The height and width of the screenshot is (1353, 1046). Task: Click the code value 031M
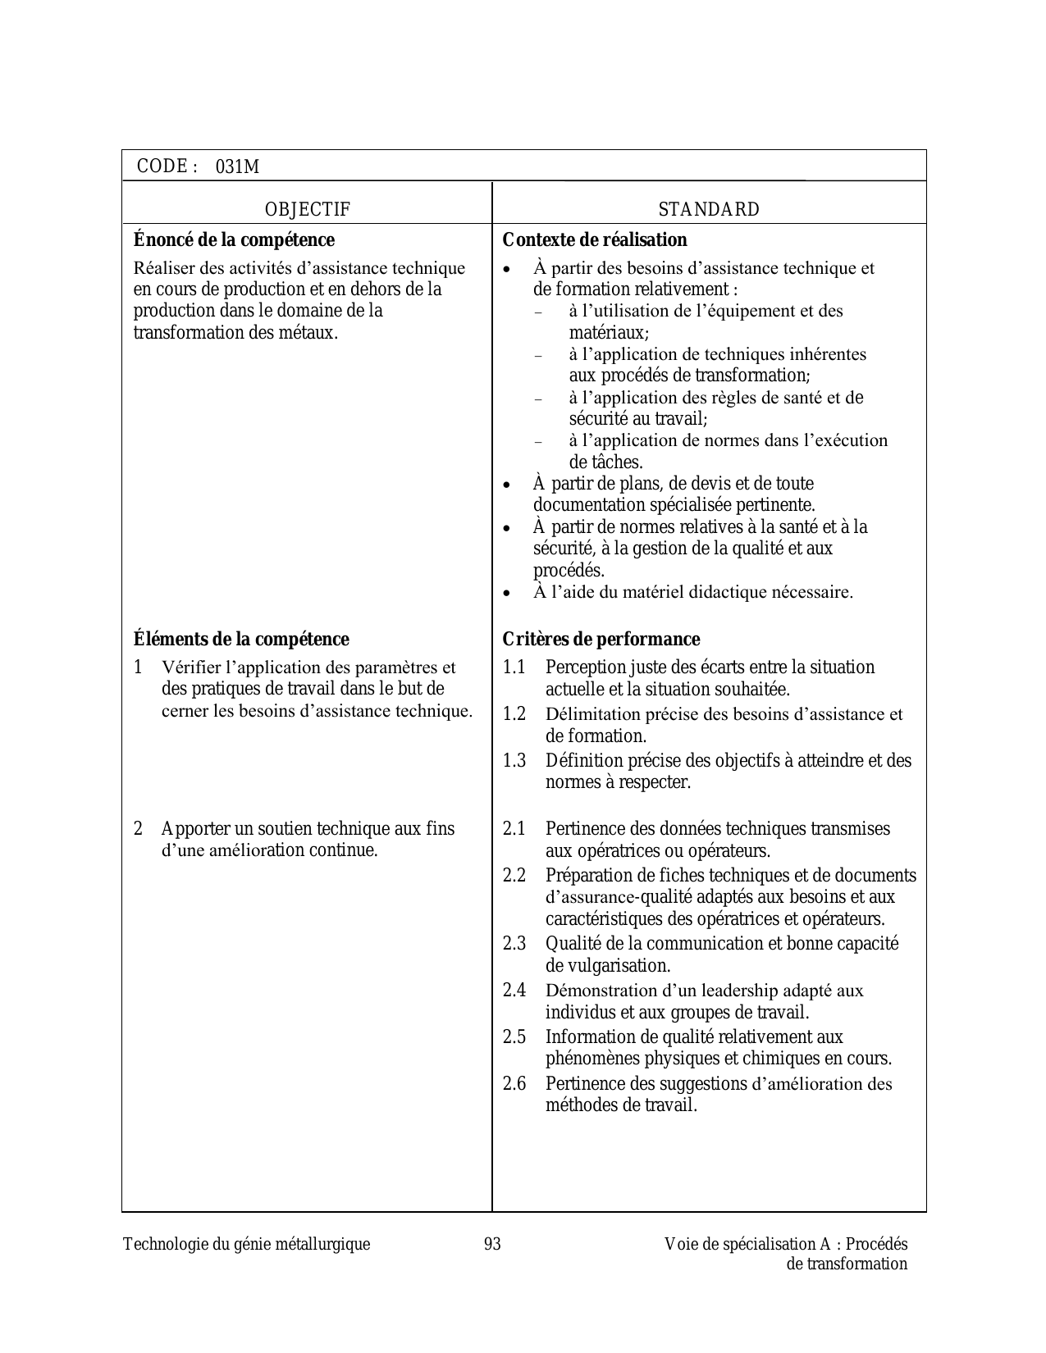click(x=237, y=167)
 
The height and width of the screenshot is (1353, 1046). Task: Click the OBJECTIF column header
click(x=308, y=210)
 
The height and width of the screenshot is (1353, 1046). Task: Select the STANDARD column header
click(x=709, y=210)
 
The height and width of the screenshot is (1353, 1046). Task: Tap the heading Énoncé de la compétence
click(x=234, y=240)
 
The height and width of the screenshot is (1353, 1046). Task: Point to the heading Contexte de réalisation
click(x=595, y=240)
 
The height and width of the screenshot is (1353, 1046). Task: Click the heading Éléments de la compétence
click(x=241, y=640)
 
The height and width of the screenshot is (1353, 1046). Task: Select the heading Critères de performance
click(x=601, y=640)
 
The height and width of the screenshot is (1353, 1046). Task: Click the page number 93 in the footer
click(x=492, y=1245)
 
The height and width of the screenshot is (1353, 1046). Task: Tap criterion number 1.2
click(x=514, y=714)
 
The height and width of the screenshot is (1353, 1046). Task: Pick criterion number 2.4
click(x=514, y=991)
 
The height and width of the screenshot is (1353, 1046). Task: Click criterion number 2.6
click(x=514, y=1084)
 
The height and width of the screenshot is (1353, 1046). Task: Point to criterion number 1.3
click(x=514, y=761)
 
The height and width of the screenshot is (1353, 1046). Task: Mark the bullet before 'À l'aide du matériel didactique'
click(x=508, y=593)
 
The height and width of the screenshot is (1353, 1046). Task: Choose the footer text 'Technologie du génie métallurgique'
click(x=246, y=1245)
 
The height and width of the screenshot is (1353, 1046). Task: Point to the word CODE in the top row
click(x=162, y=166)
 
